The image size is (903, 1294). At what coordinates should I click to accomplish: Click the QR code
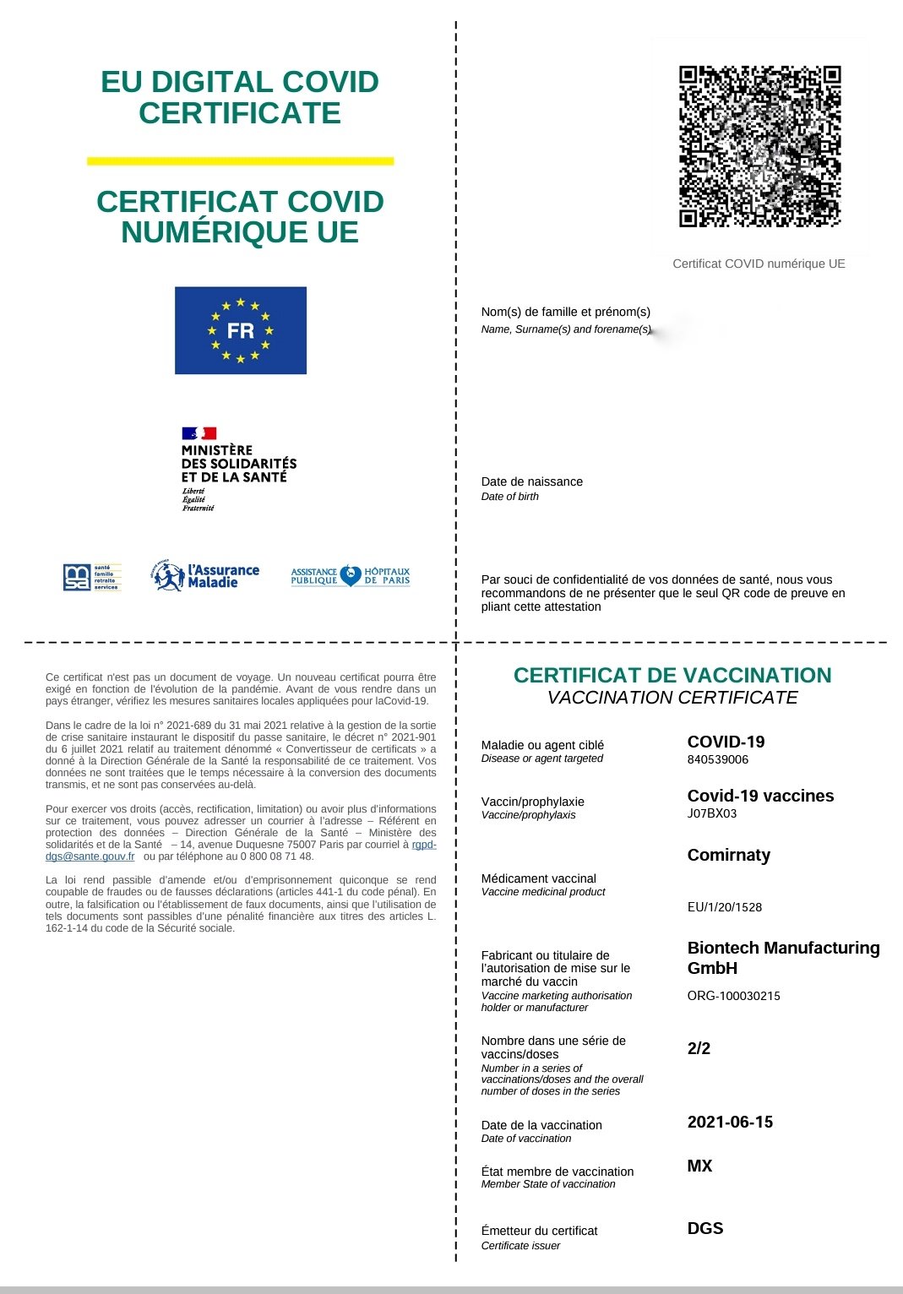coord(759,146)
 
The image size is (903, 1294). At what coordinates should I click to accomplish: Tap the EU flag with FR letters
coord(241,330)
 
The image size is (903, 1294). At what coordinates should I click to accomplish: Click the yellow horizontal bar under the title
coord(241,160)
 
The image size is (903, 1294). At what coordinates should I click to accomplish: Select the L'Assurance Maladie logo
coord(205,576)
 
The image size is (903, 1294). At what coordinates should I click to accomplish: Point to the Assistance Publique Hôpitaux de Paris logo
coord(351,576)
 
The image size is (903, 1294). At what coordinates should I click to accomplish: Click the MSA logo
coord(92,577)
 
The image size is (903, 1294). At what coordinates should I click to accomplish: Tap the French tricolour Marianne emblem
coord(199,433)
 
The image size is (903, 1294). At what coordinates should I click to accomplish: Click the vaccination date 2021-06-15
coord(730,1122)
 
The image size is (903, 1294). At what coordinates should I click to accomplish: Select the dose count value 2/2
coord(699,1048)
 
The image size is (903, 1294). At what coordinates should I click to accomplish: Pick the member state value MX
coord(699,1166)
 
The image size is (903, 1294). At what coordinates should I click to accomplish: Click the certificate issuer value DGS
coord(705,1228)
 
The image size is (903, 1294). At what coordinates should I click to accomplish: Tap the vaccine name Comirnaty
coord(729,855)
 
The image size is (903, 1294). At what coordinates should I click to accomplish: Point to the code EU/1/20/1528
coord(725,907)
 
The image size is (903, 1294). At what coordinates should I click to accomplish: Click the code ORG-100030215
coord(733,996)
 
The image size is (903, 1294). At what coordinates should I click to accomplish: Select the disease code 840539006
coord(718,759)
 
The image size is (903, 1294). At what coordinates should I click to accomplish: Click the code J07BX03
coord(712,813)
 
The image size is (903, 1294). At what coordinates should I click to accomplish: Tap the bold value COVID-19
coord(726,742)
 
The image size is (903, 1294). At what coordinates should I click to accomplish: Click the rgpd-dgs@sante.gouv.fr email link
coord(90,856)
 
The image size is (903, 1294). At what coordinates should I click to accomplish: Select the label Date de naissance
coord(531,481)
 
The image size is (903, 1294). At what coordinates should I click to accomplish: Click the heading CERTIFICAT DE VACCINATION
coord(672,675)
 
